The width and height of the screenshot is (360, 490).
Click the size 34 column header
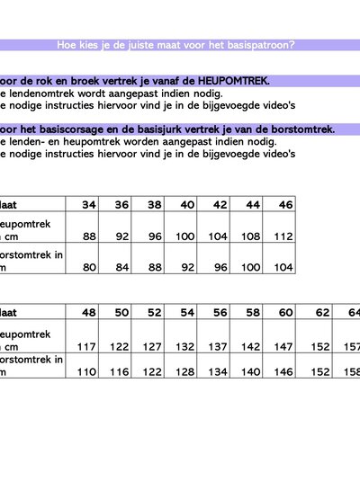89,205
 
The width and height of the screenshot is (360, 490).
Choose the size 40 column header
186,205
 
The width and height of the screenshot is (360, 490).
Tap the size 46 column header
283,205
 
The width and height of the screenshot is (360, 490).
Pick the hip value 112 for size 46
283,236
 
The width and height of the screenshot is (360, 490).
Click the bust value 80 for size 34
89,267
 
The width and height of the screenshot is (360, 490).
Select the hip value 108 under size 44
252,236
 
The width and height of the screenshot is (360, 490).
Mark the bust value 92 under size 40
186,267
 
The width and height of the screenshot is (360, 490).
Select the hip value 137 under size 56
220,346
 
